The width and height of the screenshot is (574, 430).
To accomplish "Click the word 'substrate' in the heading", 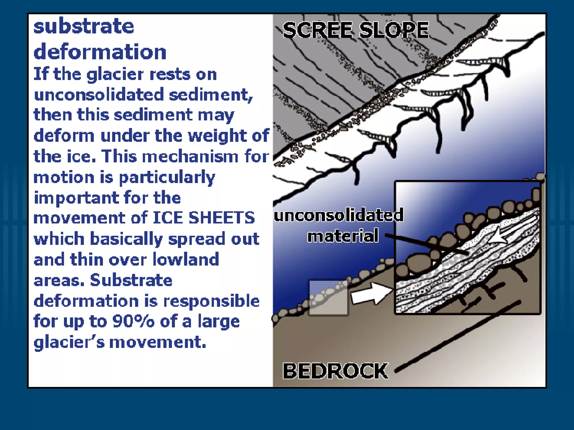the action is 84,27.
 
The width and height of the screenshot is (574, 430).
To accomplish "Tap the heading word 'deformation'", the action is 100,52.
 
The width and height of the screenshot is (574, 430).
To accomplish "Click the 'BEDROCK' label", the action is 335,371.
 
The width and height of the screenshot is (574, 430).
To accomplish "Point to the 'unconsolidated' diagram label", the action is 339,215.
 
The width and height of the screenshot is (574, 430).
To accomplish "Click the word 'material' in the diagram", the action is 343,236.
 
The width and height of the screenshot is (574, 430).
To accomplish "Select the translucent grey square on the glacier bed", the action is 328,297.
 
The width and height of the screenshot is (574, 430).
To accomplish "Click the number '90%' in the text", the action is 133,321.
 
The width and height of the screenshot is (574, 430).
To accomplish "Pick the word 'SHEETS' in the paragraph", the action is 221,218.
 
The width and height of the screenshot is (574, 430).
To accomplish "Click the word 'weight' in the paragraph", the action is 217,135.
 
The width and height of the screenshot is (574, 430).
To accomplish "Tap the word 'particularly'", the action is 167,177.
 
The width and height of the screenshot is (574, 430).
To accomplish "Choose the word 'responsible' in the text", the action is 211,301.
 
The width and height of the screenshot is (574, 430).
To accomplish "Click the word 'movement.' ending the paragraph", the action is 158,342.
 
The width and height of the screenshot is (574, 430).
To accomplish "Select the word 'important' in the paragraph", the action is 76,198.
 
